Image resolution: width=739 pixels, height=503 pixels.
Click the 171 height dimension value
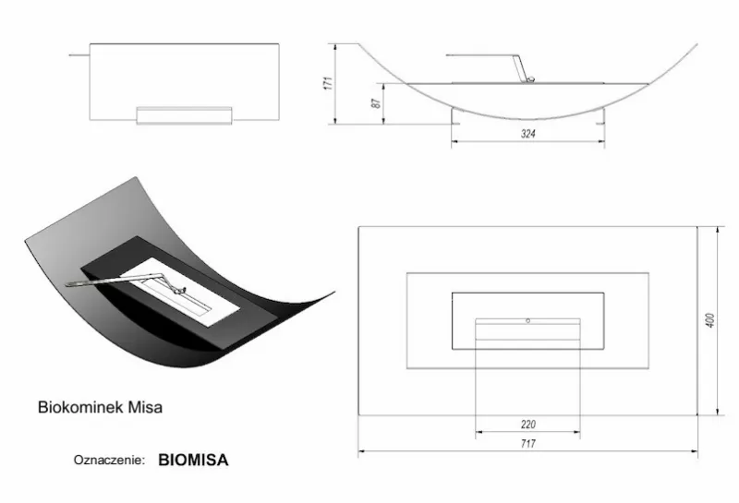pyautogui.click(x=330, y=83)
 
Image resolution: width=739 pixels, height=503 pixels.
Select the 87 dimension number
pyautogui.click(x=376, y=103)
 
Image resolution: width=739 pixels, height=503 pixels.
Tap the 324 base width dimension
pyautogui.click(x=528, y=134)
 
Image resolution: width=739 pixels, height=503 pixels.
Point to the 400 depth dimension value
pyautogui.click(x=710, y=320)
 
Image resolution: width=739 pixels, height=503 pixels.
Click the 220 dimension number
pyautogui.click(x=528, y=425)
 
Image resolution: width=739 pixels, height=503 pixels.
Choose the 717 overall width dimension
pyautogui.click(x=528, y=444)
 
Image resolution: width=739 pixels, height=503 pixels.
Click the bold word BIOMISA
pyautogui.click(x=193, y=460)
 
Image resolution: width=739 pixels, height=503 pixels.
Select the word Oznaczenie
pyautogui.click(x=109, y=461)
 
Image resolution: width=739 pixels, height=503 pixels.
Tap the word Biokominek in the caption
pyautogui.click(x=80, y=407)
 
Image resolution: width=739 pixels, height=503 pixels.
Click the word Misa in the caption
pyautogui.click(x=145, y=407)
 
